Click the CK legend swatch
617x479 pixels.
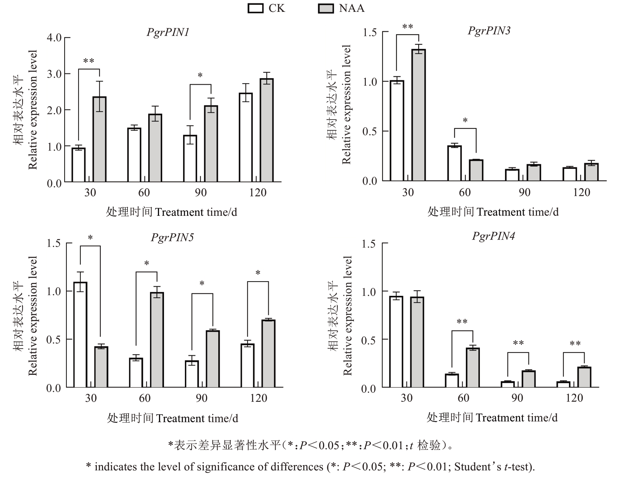click(x=256, y=8)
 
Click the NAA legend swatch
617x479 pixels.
click(x=326, y=8)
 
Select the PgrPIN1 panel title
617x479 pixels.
click(x=168, y=32)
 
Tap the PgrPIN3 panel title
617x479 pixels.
click(x=489, y=31)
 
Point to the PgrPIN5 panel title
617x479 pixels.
click(x=172, y=238)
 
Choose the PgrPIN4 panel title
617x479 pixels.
click(x=493, y=236)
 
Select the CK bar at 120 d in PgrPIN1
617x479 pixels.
click(x=246, y=138)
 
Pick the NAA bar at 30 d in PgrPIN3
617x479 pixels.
click(x=419, y=115)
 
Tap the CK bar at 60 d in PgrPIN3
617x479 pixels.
click(x=454, y=163)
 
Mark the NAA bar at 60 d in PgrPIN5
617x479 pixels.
click(x=157, y=340)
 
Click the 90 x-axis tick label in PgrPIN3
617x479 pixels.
click(x=524, y=192)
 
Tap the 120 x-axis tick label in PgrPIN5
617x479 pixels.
click(x=258, y=398)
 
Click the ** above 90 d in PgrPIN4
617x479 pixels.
click(x=518, y=344)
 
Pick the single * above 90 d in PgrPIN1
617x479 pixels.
click(x=200, y=76)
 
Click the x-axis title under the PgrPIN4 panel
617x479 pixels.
click(x=492, y=418)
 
